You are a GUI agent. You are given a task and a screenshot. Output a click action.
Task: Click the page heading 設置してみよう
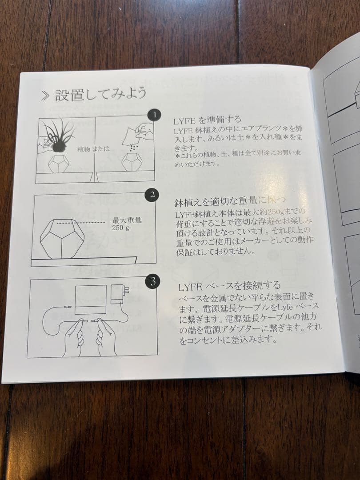100,95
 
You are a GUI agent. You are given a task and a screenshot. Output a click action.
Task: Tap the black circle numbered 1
154,116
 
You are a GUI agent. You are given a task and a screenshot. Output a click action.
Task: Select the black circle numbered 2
152,195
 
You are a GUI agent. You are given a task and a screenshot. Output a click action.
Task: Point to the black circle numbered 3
152,281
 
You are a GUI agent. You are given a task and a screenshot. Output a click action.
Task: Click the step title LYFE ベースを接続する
229,285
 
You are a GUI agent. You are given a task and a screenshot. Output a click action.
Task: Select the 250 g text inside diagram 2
120,228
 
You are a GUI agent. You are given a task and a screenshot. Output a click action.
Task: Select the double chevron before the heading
44,96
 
